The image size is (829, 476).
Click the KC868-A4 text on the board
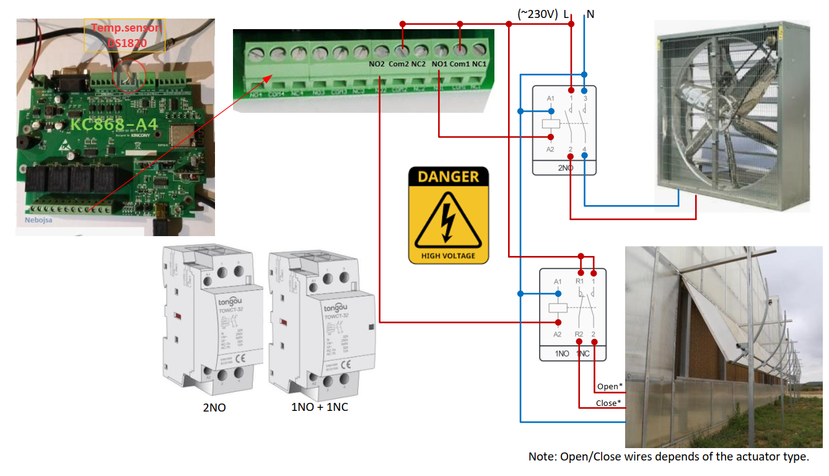113,124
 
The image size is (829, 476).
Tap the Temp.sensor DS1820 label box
125,35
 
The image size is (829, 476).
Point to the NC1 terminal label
480,64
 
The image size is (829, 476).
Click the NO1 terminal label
439,64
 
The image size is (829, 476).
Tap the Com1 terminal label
459,64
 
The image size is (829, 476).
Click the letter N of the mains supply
590,14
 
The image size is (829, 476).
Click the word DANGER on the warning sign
449,177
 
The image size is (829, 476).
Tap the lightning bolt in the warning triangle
447,220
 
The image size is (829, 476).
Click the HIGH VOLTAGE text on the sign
448,255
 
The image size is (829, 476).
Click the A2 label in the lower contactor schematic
558,335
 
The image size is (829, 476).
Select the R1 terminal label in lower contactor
579,281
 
